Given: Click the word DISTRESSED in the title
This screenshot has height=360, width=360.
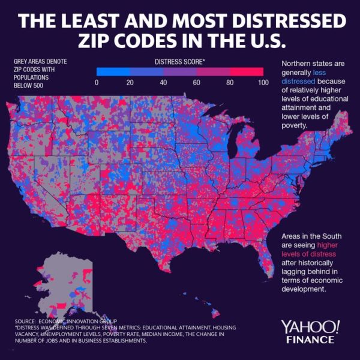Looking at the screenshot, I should pyautogui.click(x=289, y=22).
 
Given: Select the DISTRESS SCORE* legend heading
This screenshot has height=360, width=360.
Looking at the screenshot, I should pyautogui.click(x=179, y=61).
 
